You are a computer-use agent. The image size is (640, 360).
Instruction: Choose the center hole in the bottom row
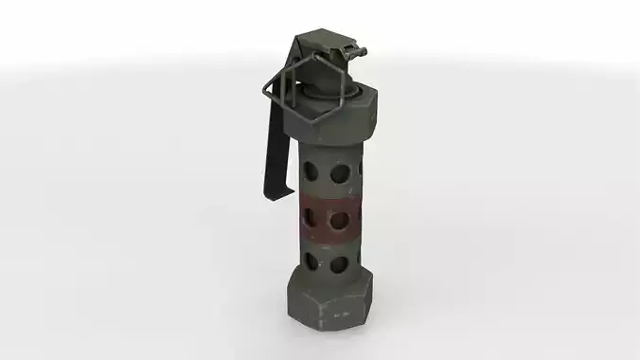click(x=335, y=262)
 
